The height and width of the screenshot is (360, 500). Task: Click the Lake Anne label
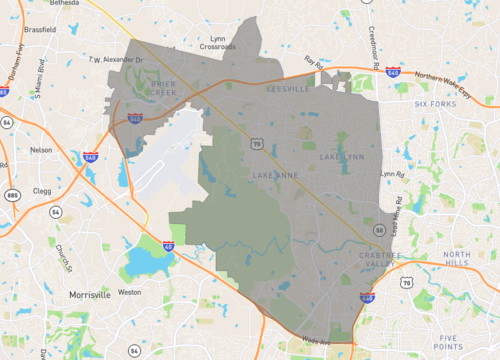coord(273,175)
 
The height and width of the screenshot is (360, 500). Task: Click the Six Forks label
coord(434,104)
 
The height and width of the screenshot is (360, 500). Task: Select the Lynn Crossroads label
coord(218,43)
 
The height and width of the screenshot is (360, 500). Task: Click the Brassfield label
coord(38,29)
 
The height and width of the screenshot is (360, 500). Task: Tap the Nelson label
coord(41,149)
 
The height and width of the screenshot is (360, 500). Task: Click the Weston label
coord(130,292)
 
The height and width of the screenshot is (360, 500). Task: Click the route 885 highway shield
coord(11,194)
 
